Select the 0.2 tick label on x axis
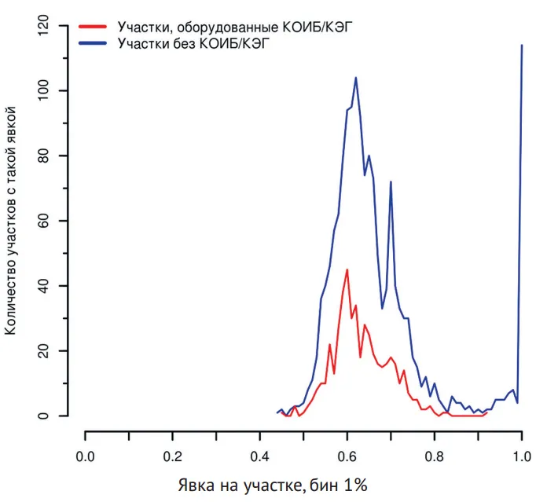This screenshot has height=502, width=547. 172,456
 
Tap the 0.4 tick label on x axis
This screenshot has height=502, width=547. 259,456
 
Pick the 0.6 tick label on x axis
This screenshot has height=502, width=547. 347,456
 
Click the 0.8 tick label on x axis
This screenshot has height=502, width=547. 434,456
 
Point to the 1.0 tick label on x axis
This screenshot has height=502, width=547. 521,456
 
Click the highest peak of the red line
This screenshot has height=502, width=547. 347,269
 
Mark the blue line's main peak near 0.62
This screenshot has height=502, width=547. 356,78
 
